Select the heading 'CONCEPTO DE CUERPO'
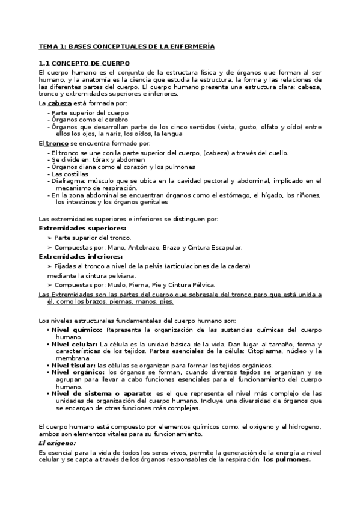click(90, 63)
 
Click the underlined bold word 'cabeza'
click(59, 103)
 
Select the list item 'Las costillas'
click(70, 173)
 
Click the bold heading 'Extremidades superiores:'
click(74, 229)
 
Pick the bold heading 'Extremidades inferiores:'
click(72, 256)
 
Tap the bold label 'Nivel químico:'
click(77, 330)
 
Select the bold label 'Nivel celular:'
click(76, 344)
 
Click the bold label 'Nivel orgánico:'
click(77, 372)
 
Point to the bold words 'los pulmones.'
click(288, 459)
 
